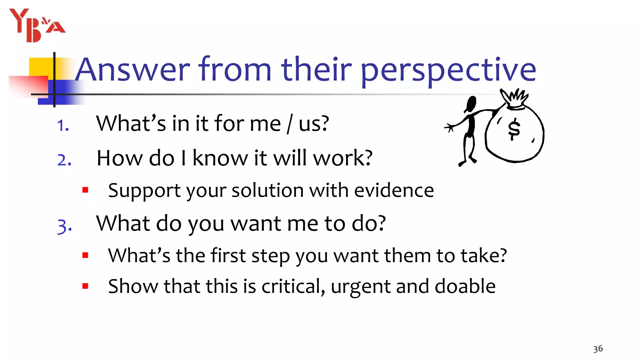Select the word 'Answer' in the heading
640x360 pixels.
click(133, 69)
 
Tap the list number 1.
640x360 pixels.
click(63, 126)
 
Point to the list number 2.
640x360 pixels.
click(64, 160)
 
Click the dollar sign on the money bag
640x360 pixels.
click(514, 129)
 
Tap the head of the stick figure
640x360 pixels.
click(470, 104)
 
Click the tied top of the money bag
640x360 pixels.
click(515, 99)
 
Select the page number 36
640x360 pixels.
click(598, 349)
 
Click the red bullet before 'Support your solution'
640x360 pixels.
click(85, 190)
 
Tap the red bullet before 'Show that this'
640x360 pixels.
click(85, 286)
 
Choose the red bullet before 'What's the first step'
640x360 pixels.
click(85, 255)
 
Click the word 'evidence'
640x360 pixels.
click(394, 190)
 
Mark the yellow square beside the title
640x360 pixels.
click(41, 67)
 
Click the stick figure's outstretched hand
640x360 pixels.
click(449, 127)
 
